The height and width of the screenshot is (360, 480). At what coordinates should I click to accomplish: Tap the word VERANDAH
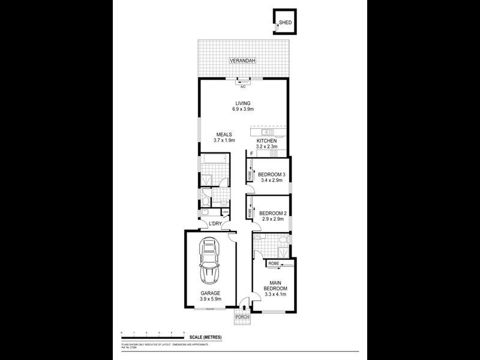click(243, 61)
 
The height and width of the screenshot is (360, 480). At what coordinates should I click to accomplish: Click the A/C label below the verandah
click(243, 86)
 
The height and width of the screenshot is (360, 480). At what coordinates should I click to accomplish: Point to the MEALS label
click(224, 134)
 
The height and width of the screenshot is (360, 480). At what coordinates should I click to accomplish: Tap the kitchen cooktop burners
click(273, 153)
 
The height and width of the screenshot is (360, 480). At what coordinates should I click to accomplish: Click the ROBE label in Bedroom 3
click(249, 175)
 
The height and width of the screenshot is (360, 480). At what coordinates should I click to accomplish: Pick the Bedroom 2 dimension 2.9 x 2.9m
click(272, 219)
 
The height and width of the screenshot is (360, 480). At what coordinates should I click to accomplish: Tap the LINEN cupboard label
click(226, 212)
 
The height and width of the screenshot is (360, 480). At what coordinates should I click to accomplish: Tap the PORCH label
click(242, 316)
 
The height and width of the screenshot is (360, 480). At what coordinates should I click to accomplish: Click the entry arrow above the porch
click(243, 305)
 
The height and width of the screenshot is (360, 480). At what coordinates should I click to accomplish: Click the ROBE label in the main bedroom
click(273, 263)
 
